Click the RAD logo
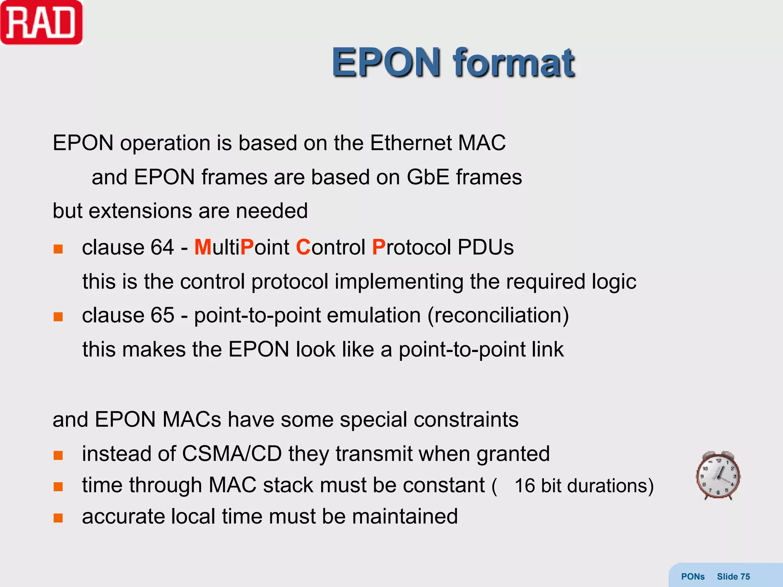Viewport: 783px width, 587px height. point(41,23)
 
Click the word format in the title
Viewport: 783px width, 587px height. point(513,63)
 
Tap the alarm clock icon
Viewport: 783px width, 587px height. point(718,475)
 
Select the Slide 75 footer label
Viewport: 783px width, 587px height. point(733,576)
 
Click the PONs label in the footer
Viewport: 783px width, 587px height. point(692,576)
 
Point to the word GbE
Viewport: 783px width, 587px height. point(427,177)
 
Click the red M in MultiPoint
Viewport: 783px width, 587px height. point(203,247)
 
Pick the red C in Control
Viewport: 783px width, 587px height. point(303,247)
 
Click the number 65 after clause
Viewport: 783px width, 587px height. point(162,316)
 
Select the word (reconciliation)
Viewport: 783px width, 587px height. point(498,316)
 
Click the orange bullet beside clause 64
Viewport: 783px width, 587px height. point(58,249)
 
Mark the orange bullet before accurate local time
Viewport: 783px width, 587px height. point(58,518)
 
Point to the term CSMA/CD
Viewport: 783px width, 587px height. point(232,454)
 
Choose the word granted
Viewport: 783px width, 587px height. point(513,454)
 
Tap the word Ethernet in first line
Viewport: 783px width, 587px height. point(411,143)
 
